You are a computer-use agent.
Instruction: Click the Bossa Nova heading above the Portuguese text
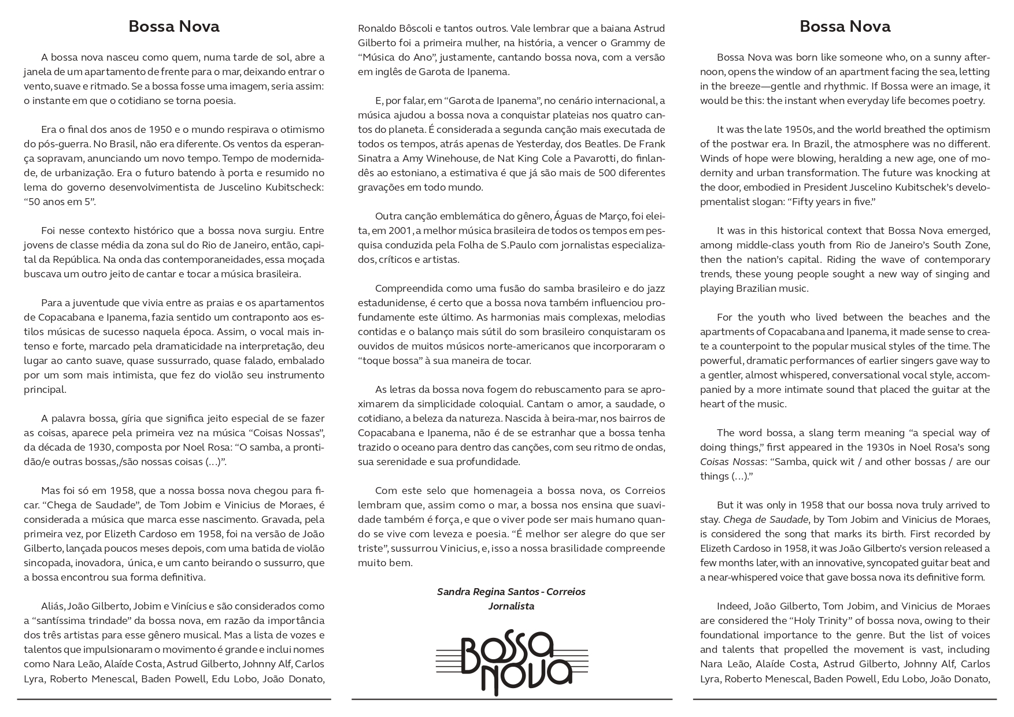pos(174,27)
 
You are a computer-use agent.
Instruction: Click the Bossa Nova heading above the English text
pos(845,27)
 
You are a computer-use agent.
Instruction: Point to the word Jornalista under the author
pos(511,606)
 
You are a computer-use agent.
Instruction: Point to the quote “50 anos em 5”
pos(60,202)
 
